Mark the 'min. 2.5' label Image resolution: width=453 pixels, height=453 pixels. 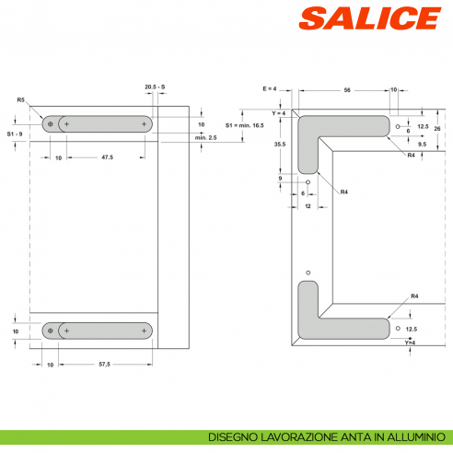pyautogui.click(x=206, y=136)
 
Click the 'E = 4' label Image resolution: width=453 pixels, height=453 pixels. pyautogui.click(x=270, y=87)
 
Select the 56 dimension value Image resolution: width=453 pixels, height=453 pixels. pyautogui.click(x=347, y=91)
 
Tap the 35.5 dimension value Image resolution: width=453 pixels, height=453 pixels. pyautogui.click(x=279, y=145)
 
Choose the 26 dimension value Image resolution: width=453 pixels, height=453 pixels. pyautogui.click(x=437, y=128)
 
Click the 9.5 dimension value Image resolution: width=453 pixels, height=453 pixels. pyautogui.click(x=421, y=145)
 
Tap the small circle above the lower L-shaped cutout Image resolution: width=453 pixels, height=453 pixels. pyautogui.click(x=308, y=273)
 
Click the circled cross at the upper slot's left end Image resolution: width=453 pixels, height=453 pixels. pyautogui.click(x=50, y=123)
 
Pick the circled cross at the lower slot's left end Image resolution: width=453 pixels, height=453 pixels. pyautogui.click(x=50, y=330)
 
